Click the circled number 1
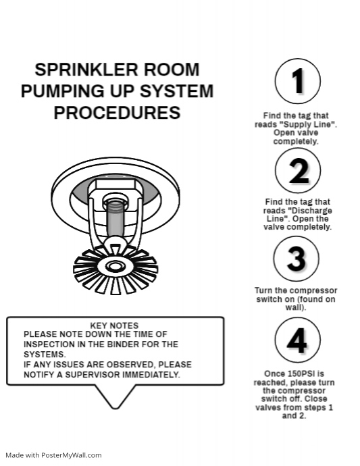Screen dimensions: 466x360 [297, 81]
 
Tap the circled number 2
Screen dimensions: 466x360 [297, 170]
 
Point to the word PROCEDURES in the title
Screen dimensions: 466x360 [117, 112]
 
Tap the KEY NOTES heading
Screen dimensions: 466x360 [114, 326]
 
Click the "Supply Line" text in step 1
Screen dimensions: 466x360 [310, 125]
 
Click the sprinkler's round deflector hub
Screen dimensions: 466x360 [115, 265]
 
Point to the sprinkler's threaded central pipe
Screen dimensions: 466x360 [115, 216]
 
